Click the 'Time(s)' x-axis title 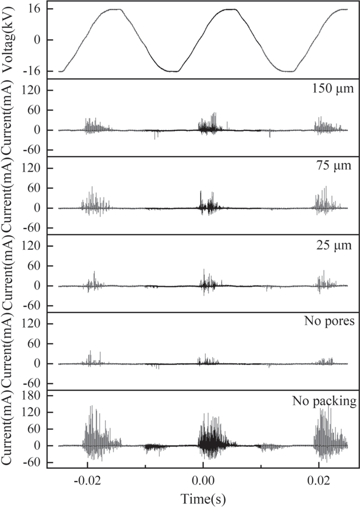click(x=203, y=498)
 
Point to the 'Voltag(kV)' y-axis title click(x=9, y=40)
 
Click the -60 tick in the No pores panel click(x=31, y=383)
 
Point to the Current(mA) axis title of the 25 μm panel click(x=9, y=274)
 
